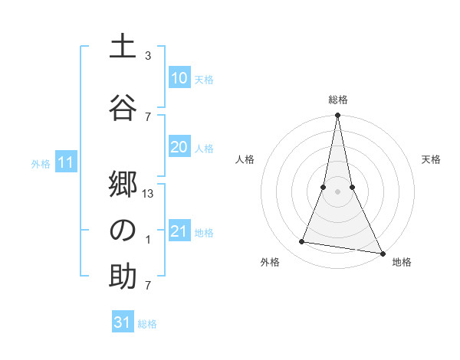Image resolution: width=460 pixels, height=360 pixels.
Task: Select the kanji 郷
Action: (123, 184)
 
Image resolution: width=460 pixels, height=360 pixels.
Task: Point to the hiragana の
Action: (123, 230)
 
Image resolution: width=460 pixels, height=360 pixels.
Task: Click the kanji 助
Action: (123, 276)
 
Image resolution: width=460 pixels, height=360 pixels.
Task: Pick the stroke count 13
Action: (149, 194)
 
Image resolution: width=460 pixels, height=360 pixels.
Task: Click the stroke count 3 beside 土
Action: (148, 56)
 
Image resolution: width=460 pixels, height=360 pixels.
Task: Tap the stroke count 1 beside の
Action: (148, 240)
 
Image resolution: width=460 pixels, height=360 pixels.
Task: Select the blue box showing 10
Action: (179, 78)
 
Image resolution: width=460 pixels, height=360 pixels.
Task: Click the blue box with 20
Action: (179, 148)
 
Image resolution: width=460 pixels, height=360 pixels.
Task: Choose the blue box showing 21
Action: (179, 231)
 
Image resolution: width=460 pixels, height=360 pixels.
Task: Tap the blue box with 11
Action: (65, 162)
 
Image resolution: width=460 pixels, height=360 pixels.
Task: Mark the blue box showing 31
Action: (123, 322)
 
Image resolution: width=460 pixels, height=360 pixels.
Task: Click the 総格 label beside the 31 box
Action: (147, 324)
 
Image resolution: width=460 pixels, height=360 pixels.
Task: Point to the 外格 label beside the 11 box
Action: (41, 164)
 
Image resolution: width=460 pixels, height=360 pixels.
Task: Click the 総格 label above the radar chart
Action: (338, 100)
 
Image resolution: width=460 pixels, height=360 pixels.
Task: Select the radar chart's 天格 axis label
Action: (432, 159)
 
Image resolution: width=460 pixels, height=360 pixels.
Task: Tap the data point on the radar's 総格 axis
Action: (337, 116)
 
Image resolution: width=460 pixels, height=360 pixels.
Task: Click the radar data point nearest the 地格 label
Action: (381, 253)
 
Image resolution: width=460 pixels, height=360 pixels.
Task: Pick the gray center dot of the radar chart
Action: (337, 192)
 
